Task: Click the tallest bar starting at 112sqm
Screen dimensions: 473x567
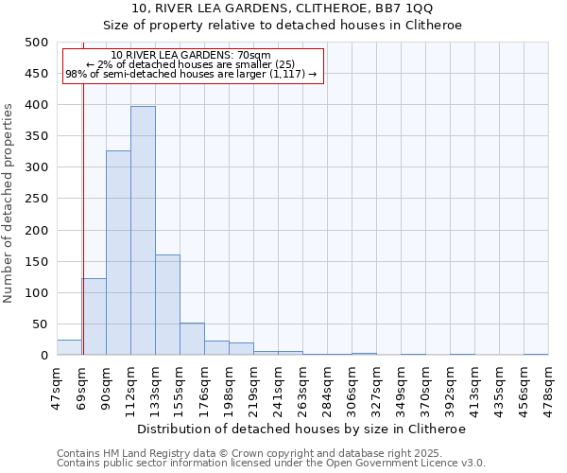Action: (x=143, y=231)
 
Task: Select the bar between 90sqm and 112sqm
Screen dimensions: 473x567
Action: (x=118, y=254)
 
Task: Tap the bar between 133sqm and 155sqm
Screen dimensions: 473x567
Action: (x=167, y=305)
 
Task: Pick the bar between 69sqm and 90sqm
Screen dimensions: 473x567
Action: (x=94, y=317)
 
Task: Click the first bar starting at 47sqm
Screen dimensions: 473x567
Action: (x=69, y=347)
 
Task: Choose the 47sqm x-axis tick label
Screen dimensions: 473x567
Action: (x=57, y=385)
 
